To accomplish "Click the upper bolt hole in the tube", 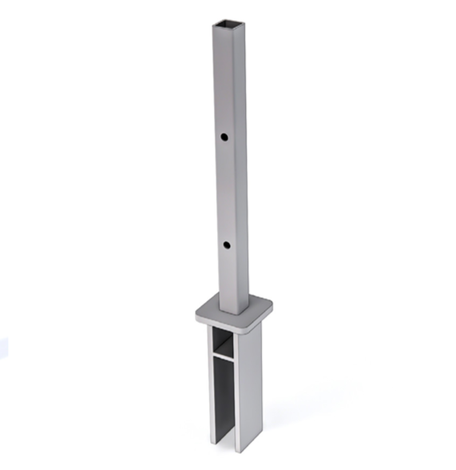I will tap(226, 137).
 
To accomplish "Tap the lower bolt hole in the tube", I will tap(227, 244).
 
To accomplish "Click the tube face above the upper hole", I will tap(224, 80).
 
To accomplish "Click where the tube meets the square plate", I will tap(232, 310).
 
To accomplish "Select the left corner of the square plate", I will tap(198, 313).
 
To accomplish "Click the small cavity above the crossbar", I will tap(224, 342).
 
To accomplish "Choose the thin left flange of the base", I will tap(211, 384).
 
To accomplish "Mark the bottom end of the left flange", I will tap(212, 441).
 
